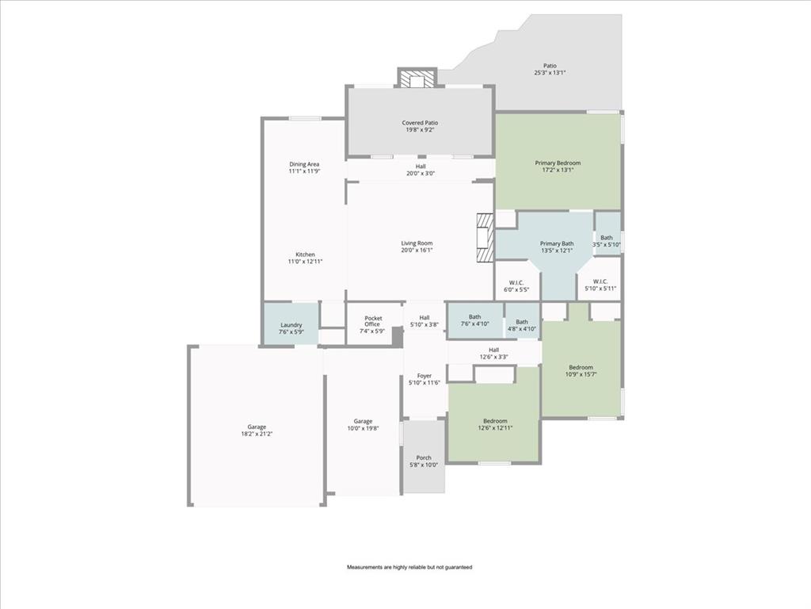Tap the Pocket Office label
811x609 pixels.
point(373,324)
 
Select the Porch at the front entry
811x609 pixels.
point(424,461)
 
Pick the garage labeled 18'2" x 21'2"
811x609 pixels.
point(256,430)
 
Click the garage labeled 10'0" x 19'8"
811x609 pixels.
point(363,425)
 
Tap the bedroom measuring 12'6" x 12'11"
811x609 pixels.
point(495,424)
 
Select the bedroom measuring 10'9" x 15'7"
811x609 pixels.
point(581,370)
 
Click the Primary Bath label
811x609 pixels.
point(557,247)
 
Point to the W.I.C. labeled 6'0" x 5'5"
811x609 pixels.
point(516,285)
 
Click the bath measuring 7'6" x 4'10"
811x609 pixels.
point(474,320)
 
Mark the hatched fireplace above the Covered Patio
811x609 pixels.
point(416,79)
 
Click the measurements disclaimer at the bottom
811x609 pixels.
point(409,567)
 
